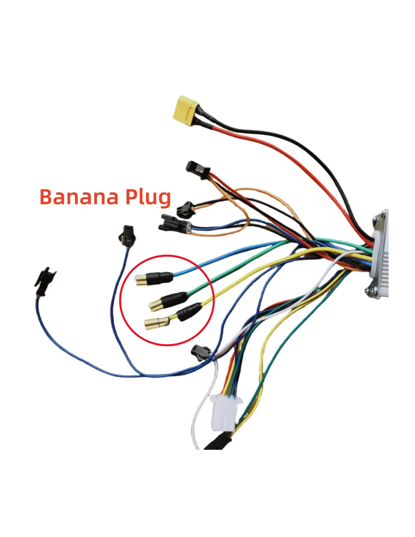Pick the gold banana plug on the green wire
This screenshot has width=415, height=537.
[x=155, y=305]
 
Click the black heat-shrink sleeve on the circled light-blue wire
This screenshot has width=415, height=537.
[x=160, y=278]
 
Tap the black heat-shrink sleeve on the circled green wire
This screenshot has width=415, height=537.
[x=174, y=299]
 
